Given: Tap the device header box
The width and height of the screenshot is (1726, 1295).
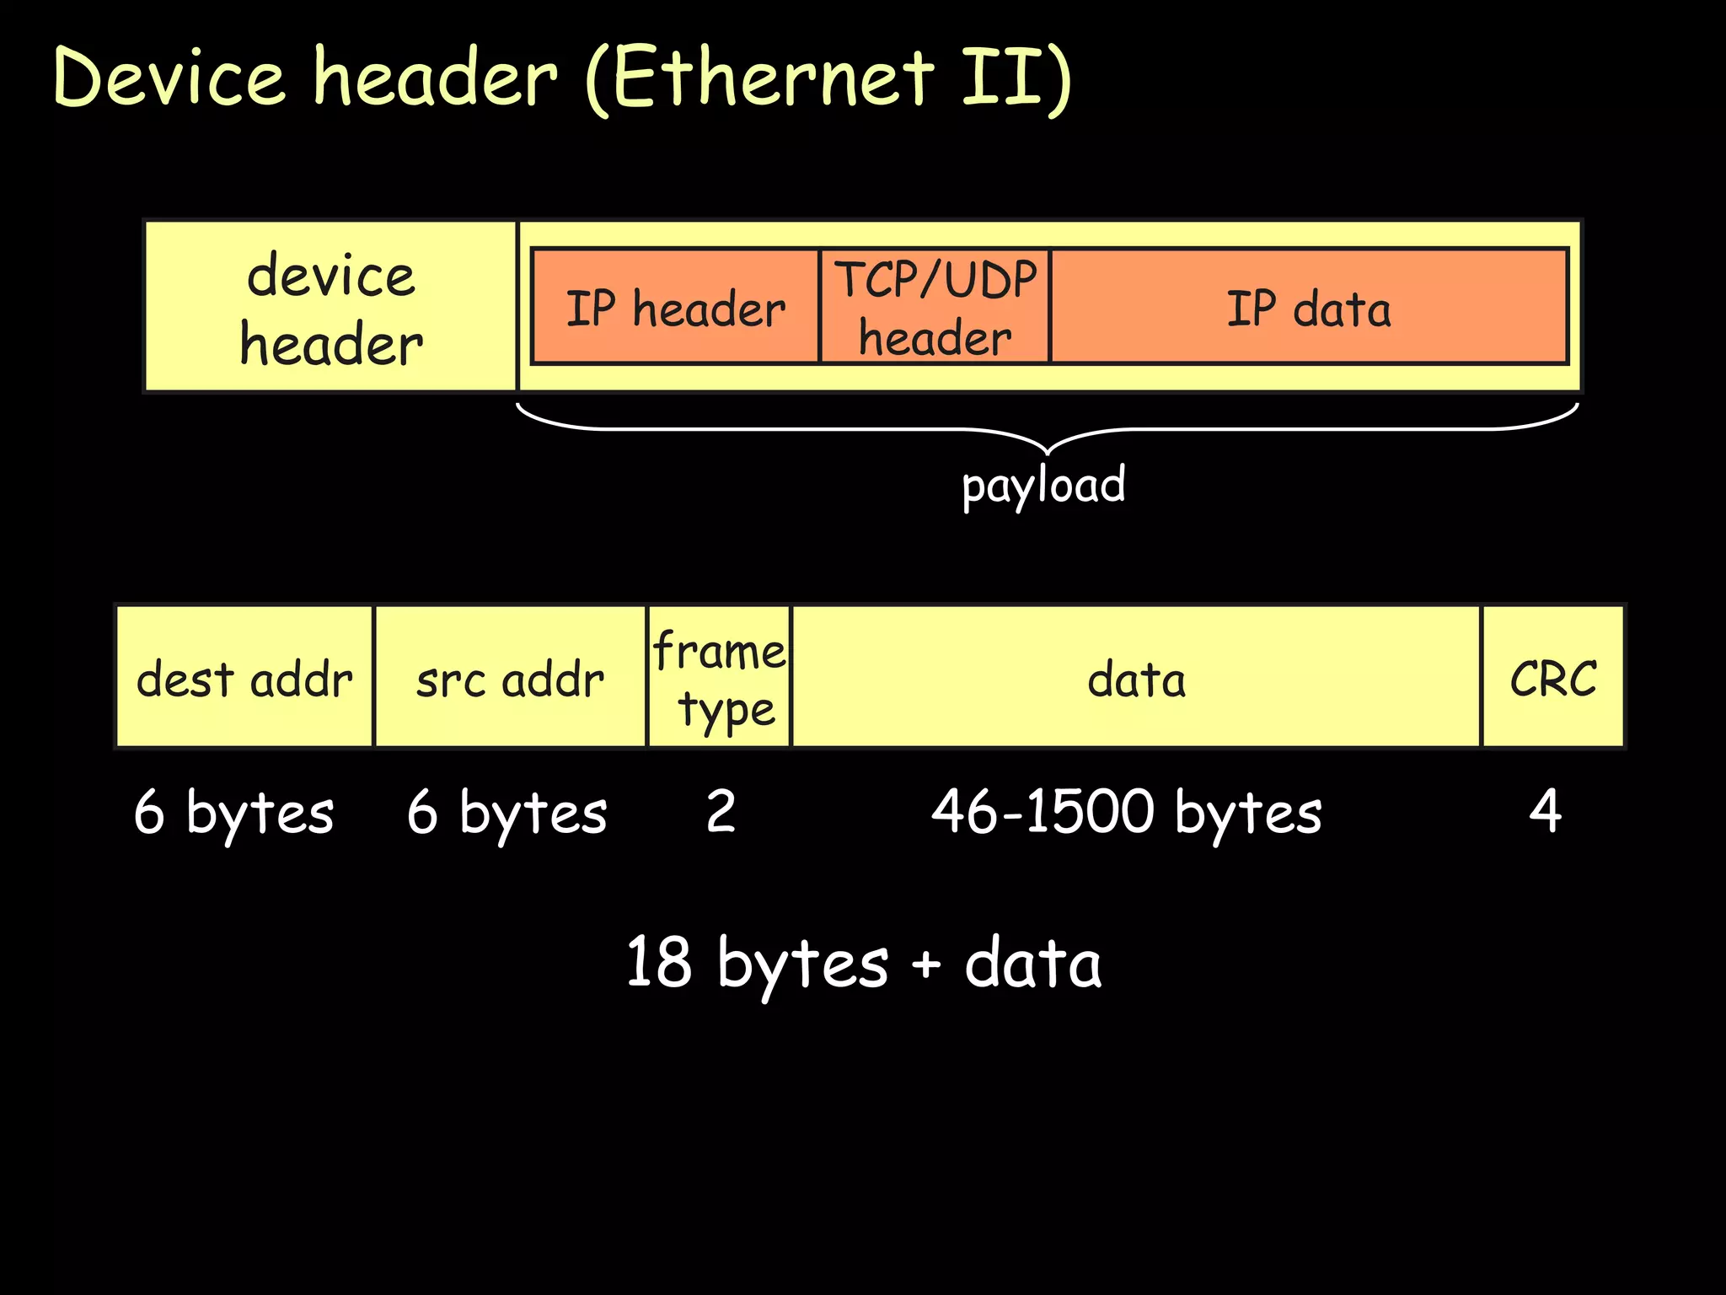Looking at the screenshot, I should click(330, 308).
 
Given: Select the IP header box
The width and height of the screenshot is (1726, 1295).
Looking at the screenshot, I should click(675, 308).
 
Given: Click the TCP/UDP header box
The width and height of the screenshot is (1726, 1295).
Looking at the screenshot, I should click(935, 308).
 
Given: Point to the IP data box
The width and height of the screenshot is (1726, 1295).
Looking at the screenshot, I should click(1308, 308).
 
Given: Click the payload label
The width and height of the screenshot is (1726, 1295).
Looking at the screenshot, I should click(1043, 485).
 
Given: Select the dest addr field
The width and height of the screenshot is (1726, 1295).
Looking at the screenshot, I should click(244, 678).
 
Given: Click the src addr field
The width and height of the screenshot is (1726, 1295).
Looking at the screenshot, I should click(510, 678).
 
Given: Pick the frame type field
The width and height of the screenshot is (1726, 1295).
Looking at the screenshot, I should click(719, 678).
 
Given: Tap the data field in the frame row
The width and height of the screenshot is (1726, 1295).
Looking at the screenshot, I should click(1136, 678).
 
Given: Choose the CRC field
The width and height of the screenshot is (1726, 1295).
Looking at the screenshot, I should click(1552, 678).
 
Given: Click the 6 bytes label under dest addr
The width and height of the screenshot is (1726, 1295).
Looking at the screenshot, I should click(233, 813).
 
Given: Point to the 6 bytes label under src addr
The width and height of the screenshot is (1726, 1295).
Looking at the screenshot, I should click(507, 813).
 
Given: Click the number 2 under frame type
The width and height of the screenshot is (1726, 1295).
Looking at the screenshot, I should click(721, 811).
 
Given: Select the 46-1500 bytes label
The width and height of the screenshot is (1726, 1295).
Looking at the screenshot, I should click(1126, 813).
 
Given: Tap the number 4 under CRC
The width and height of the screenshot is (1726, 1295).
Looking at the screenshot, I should click(1545, 811).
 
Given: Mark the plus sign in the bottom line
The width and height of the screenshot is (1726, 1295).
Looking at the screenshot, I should click(925, 964).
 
